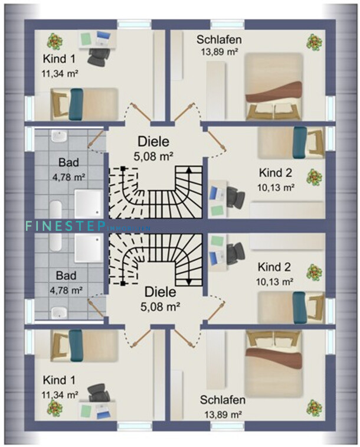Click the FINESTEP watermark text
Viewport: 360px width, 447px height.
tap(65, 225)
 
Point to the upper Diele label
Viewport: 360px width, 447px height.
tap(153, 142)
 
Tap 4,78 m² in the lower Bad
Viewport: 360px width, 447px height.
tap(67, 290)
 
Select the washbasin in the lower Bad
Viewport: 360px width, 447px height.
tap(58, 313)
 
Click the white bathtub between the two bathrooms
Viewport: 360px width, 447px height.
tap(57, 226)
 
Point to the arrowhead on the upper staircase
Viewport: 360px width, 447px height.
tap(189, 169)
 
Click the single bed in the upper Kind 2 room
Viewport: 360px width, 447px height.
tap(290, 143)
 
